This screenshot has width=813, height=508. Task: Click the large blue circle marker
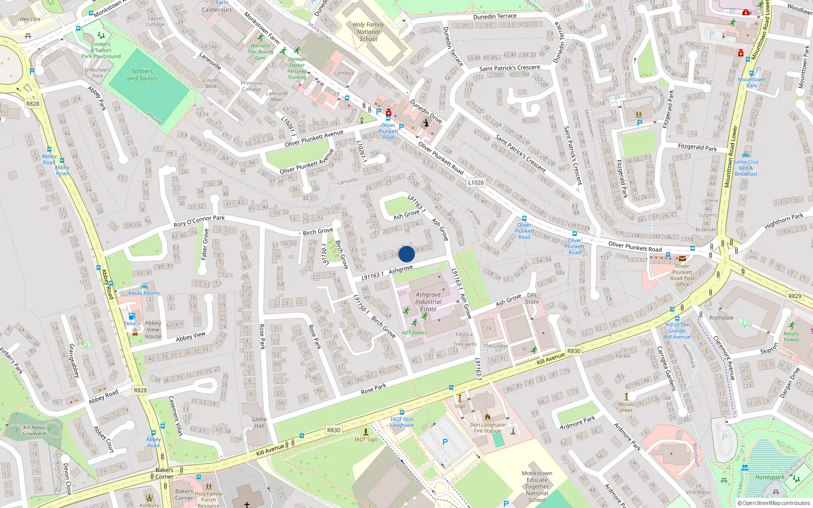(407, 254)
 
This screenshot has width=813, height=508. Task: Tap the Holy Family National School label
(368, 31)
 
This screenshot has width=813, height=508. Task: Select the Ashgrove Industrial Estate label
(428, 301)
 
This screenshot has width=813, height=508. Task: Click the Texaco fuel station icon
(131, 316)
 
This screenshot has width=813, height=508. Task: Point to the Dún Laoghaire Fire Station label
(487, 428)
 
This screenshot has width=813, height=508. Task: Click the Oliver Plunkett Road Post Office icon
(682, 259)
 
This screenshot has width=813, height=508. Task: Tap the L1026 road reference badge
(476, 182)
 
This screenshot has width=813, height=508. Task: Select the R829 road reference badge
(795, 296)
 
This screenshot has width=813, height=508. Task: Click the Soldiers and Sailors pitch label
(142, 75)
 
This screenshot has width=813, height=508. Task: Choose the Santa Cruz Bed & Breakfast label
(746, 168)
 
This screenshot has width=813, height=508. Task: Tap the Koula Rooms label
(144, 293)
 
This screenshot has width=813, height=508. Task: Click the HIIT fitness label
(414, 333)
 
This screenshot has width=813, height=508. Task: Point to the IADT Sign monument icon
(365, 432)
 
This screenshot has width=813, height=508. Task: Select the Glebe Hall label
(259, 423)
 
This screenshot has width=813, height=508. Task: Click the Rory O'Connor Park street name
(199, 221)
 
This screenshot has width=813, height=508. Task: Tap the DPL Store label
(532, 298)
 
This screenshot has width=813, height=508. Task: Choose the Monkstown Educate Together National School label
(537, 486)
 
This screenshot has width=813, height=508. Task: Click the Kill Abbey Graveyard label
(34, 430)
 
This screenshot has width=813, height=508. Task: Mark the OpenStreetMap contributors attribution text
(773, 503)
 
